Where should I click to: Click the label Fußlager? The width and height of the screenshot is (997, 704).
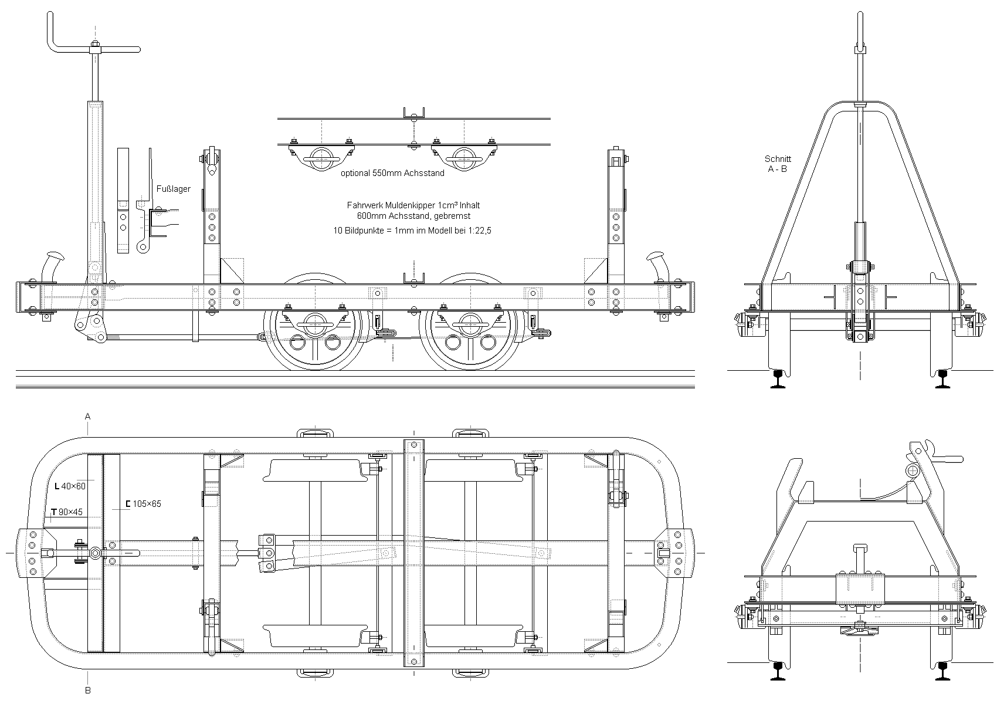[173, 189]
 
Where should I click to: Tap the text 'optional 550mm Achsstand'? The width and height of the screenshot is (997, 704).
[392, 173]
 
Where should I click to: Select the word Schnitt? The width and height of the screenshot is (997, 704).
[778, 159]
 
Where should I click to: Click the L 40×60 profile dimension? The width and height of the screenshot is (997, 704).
[70, 486]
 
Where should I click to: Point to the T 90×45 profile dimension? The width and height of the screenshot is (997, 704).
[67, 512]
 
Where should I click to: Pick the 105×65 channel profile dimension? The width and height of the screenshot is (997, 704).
[143, 504]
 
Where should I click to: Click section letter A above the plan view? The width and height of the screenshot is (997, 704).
[88, 417]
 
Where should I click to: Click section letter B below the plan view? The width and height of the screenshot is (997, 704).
[88, 690]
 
